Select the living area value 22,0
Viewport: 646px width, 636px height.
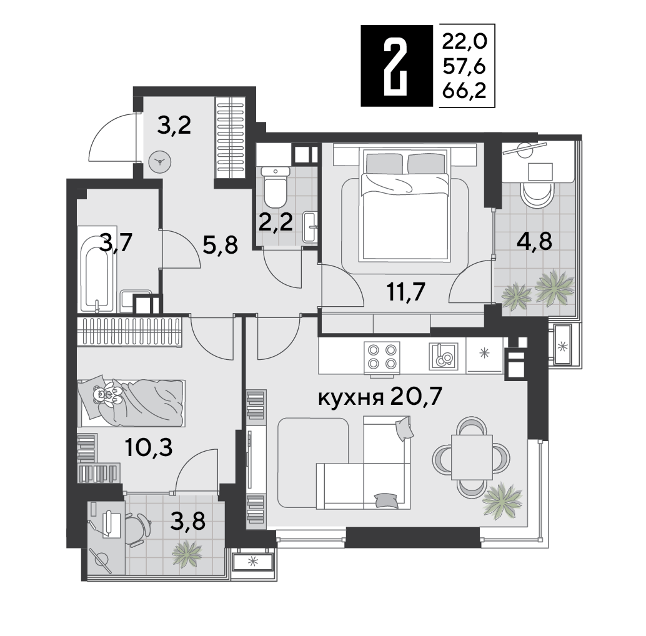[464, 41]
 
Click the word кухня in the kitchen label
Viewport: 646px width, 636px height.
[351, 398]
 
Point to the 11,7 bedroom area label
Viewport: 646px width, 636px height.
[405, 292]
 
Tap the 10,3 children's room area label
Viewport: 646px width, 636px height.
[149, 448]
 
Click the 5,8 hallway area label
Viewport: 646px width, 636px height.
[221, 246]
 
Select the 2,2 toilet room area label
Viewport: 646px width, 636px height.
[276, 222]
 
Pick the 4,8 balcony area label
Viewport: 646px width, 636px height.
[534, 241]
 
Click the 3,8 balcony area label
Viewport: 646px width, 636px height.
[188, 522]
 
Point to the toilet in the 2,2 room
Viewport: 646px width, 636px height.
[276, 187]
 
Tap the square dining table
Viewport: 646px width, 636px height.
[472, 457]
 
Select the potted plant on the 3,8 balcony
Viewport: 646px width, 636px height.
[187, 554]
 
